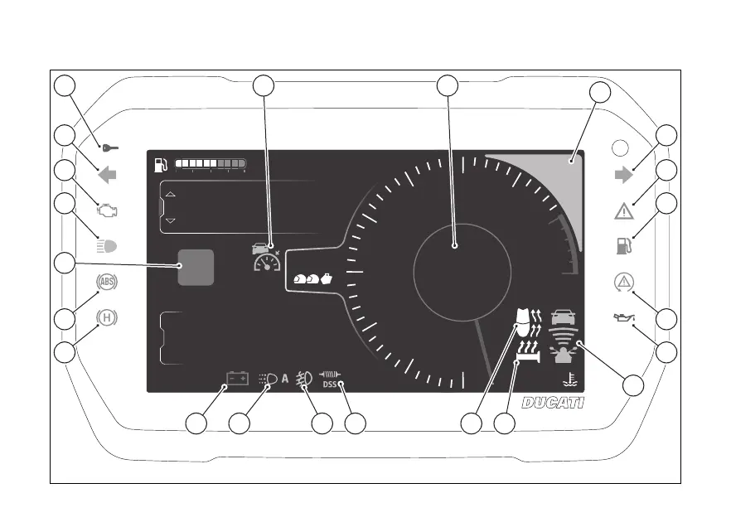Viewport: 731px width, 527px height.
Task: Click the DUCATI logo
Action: click(553, 403)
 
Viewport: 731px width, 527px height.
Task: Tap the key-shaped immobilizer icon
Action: click(109, 148)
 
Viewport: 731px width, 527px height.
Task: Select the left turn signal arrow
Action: click(107, 175)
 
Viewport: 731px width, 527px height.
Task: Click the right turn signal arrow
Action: click(623, 175)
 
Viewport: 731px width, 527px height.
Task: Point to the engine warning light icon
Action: click(108, 210)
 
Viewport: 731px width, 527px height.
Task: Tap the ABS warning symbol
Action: click(107, 282)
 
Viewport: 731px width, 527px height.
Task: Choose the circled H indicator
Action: click(106, 317)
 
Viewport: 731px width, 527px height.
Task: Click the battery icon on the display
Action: click(238, 379)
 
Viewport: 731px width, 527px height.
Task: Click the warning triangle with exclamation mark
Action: click(624, 211)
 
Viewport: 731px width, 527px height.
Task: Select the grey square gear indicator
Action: click(196, 267)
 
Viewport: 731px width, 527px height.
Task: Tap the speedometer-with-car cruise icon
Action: click(267, 258)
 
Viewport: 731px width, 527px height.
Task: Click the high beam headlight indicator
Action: click(108, 246)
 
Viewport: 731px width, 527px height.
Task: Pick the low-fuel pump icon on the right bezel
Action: click(623, 246)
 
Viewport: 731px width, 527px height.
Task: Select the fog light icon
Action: click(304, 378)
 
